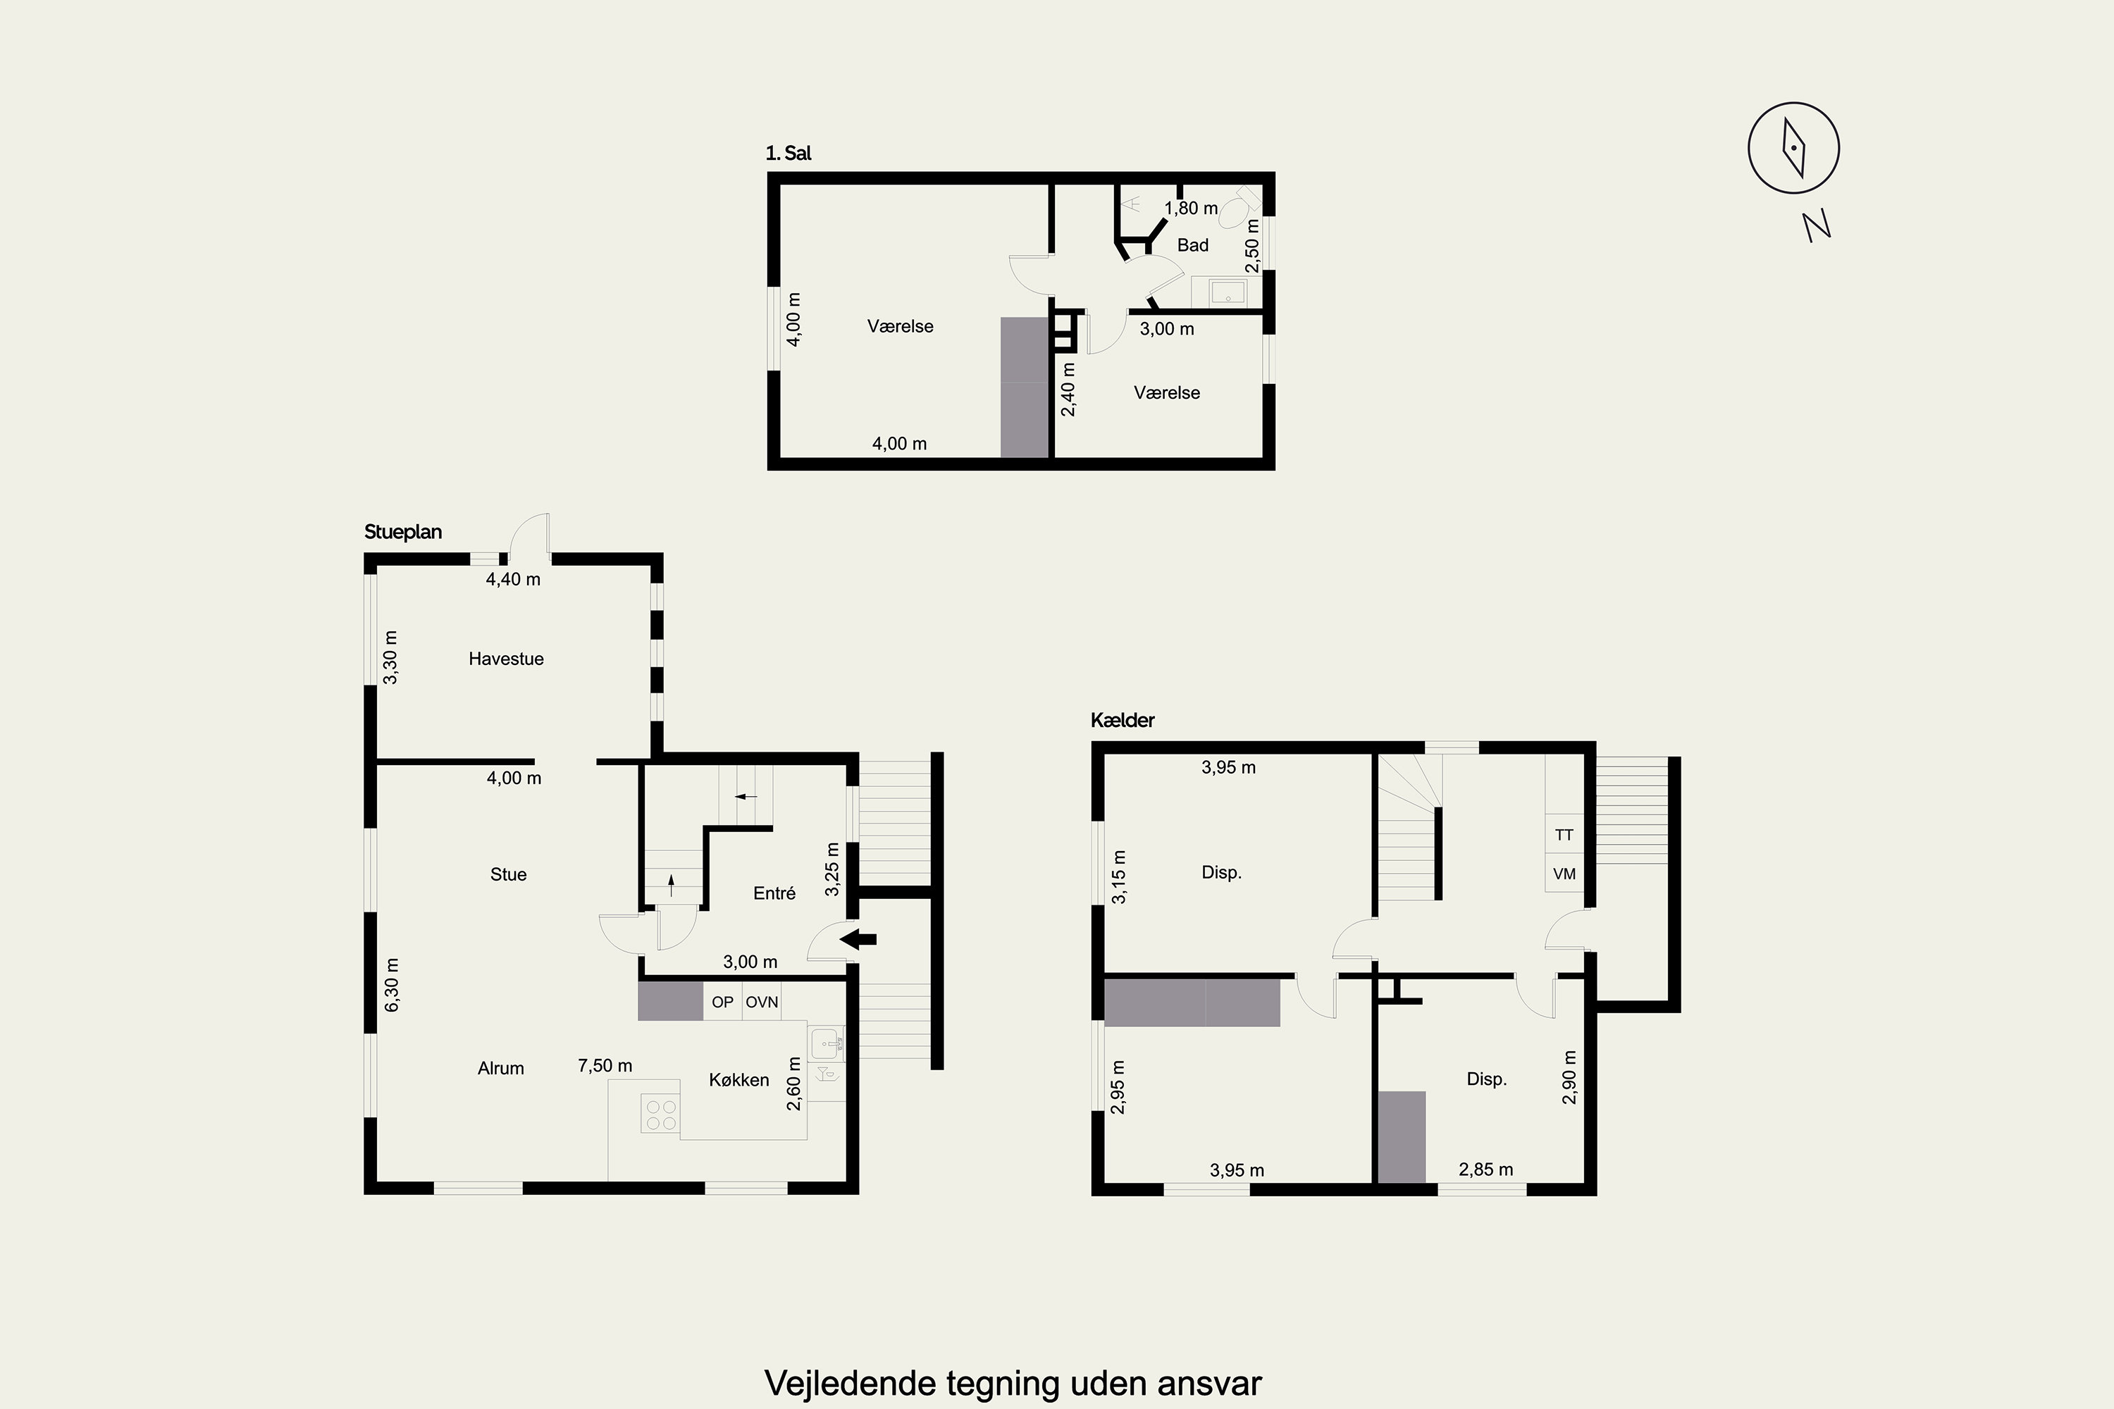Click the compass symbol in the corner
click(1793, 147)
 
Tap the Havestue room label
click(506, 659)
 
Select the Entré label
click(774, 893)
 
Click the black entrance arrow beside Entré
click(858, 940)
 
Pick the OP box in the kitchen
click(723, 1001)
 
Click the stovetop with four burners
click(661, 1115)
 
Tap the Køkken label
click(738, 1080)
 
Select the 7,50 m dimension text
click(605, 1066)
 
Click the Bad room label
click(1193, 245)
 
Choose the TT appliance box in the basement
click(1564, 835)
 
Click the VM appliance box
click(1564, 874)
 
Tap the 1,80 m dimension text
click(1191, 209)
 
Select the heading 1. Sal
click(789, 154)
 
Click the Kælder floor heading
click(1123, 720)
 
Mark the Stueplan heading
click(402, 532)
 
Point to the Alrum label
click(500, 1069)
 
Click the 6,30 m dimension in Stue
click(392, 985)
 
